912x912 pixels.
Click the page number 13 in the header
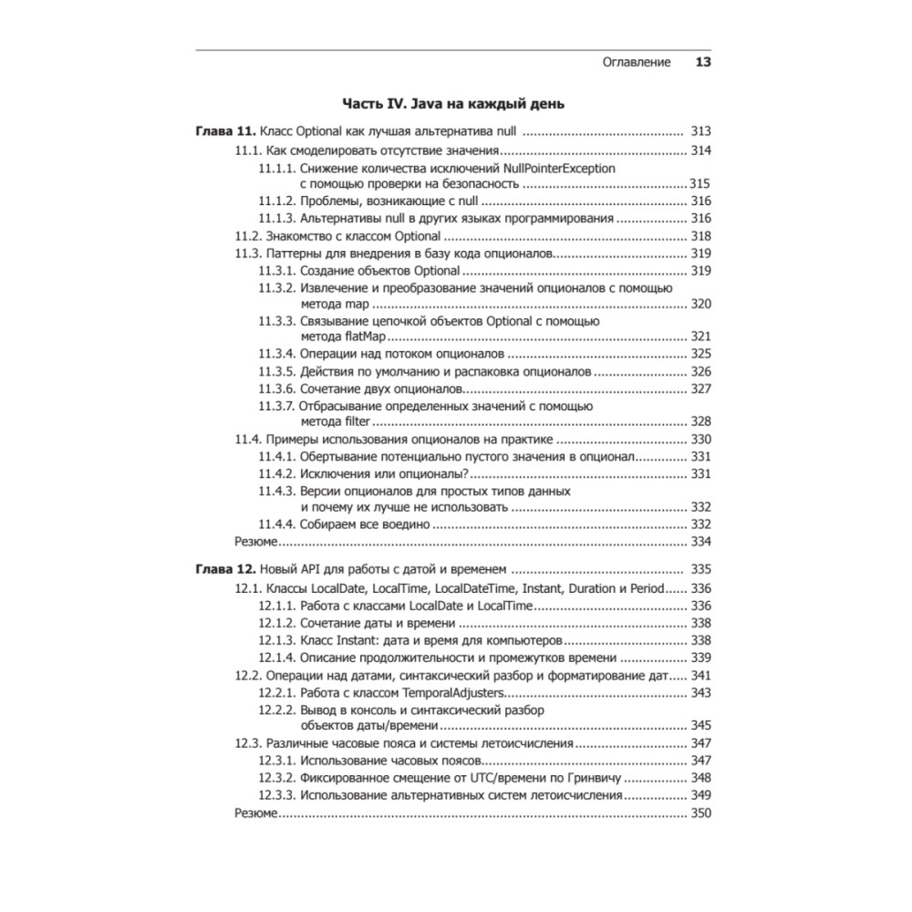703,63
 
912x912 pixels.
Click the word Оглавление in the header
637,63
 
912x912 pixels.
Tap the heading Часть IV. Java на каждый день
453,104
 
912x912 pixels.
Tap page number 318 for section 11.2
700,236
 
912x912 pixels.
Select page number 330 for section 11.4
700,439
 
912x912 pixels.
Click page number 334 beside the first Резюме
700,542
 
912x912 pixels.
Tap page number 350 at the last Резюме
700,813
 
